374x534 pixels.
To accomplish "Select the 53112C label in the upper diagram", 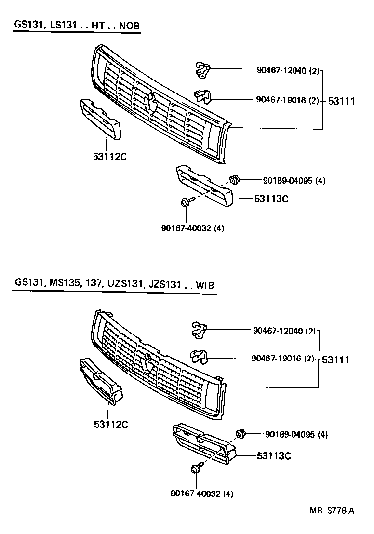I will pos(106,156).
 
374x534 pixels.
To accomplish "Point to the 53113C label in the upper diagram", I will pos(271,198).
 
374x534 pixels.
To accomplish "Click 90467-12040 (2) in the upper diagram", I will pos(288,71).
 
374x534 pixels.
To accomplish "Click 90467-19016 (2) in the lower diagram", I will pos(283,359).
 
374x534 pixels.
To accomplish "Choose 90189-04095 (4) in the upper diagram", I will pos(294,181).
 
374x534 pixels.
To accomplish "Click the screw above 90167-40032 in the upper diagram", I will pos(185,203).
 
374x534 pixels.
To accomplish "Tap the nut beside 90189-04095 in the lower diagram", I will pos(242,434).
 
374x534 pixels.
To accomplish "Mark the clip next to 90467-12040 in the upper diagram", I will pos(202,69).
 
